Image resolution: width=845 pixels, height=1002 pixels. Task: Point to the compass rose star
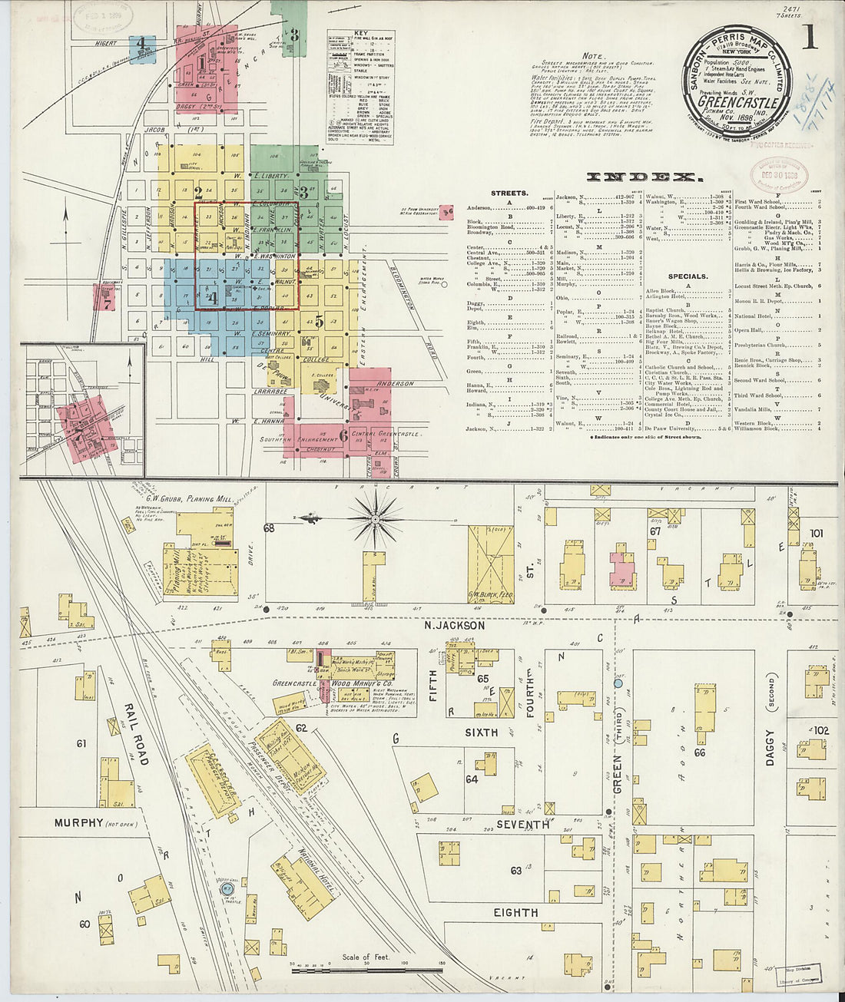[374, 520]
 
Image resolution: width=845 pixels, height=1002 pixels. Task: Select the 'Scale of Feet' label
[366, 957]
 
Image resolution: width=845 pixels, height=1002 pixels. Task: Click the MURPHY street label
[78, 823]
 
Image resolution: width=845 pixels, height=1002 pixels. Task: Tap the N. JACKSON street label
[455, 625]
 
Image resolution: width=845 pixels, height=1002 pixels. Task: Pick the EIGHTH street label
[515, 912]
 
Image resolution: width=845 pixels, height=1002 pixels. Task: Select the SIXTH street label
[481, 732]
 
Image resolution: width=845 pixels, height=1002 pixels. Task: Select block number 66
[699, 752]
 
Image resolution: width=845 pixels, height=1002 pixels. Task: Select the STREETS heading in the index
[509, 193]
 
